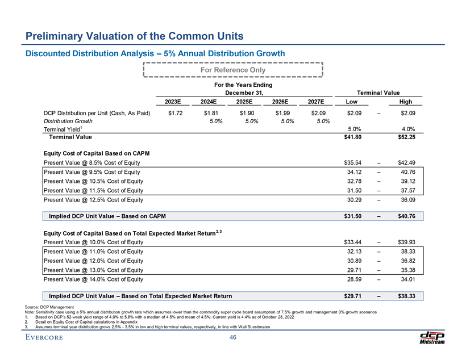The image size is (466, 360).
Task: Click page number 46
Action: [x=233, y=338]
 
